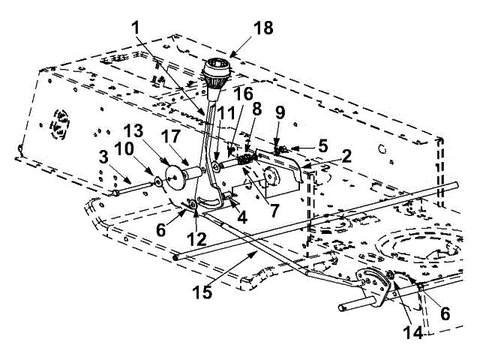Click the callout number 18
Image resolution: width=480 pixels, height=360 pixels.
[x=262, y=29]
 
